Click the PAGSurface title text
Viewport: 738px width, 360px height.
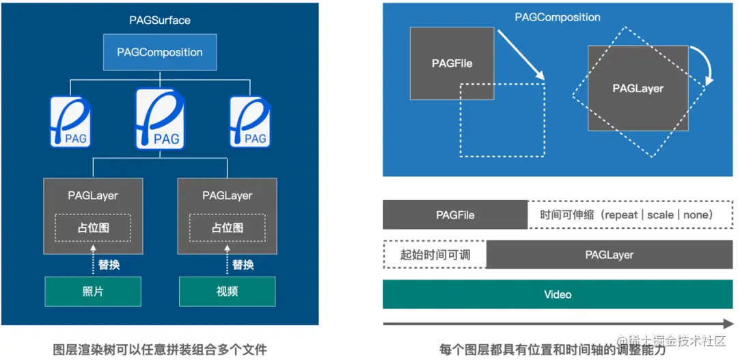(160, 20)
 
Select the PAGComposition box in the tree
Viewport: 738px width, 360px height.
(160, 52)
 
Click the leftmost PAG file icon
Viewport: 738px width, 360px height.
(70, 122)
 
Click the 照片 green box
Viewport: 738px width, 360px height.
(92, 292)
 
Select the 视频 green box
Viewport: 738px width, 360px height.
(227, 292)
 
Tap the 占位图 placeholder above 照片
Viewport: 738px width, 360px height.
(93, 227)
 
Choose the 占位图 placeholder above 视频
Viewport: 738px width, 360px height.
(227, 227)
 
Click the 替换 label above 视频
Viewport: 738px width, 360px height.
(243, 264)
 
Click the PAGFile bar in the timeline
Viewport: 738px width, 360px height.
(455, 215)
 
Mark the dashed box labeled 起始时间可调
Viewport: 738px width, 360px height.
(435, 255)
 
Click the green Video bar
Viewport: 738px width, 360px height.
(558, 294)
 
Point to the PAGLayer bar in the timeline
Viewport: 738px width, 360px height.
(609, 255)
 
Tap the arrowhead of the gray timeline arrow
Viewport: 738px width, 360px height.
(728, 324)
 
